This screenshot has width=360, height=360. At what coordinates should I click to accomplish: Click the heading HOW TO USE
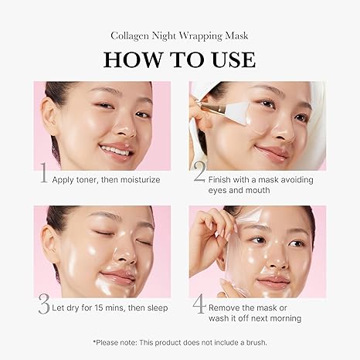[x=179, y=59]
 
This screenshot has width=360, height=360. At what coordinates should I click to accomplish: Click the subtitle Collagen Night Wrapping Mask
[x=179, y=33]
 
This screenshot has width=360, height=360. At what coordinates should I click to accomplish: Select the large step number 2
[x=199, y=175]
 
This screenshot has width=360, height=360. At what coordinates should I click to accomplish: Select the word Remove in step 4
[x=228, y=307]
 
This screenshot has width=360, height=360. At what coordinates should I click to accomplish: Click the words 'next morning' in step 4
[x=274, y=318]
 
